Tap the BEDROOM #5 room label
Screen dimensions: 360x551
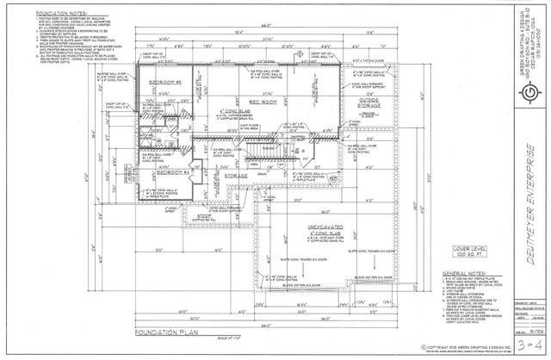pyautogui.click(x=152, y=82)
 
